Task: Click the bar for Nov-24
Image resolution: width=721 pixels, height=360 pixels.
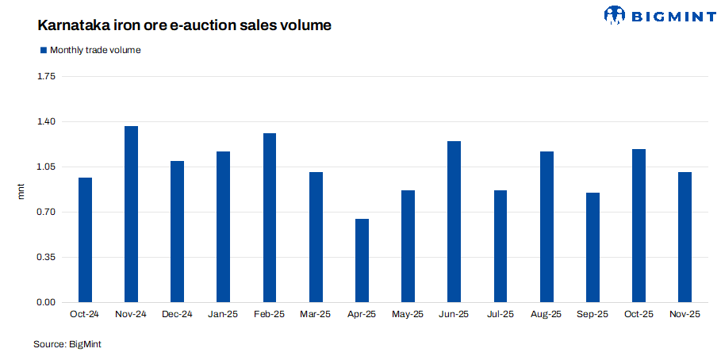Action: (131, 214)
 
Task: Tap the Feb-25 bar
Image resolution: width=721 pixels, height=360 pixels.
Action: (270, 217)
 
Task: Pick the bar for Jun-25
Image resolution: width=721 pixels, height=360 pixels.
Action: (454, 221)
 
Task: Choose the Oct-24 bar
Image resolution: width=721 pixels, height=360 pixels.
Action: (85, 239)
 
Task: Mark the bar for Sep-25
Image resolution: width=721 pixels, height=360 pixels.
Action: (593, 247)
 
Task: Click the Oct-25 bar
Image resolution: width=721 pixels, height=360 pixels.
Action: (639, 225)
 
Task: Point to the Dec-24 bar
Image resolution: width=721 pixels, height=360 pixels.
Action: (177, 232)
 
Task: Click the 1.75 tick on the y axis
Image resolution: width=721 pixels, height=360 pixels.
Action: (46, 77)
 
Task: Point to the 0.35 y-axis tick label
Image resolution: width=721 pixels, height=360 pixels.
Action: (46, 258)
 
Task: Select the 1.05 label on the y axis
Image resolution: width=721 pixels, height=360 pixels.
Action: (46, 167)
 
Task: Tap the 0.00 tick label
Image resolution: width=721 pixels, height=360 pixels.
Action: (46, 303)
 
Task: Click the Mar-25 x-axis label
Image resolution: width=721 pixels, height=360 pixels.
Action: (316, 315)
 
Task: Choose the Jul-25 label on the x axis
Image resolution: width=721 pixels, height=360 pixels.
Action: (500, 315)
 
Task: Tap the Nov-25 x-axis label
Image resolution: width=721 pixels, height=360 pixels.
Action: (685, 315)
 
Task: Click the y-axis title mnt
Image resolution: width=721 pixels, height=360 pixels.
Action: (22, 190)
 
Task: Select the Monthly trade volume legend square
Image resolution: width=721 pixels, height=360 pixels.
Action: (43, 50)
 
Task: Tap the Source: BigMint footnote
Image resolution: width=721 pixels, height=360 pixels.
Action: (67, 344)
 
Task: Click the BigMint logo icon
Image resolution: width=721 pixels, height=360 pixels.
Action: (616, 14)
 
